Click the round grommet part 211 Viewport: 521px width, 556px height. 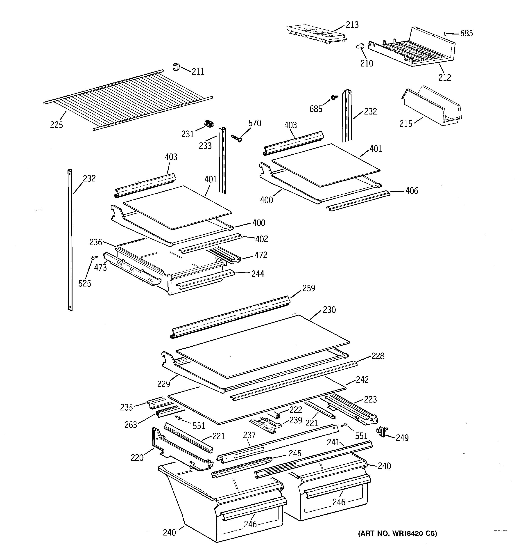(176, 67)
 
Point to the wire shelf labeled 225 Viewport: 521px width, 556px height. (126, 99)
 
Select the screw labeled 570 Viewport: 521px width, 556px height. (236, 138)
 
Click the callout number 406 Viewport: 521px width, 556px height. (412, 191)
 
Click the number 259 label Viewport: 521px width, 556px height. (309, 288)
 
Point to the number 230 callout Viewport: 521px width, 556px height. (329, 310)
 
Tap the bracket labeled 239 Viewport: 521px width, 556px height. (265, 425)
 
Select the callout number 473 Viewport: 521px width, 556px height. (100, 268)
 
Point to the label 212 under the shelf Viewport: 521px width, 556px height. (444, 78)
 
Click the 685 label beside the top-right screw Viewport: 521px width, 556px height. (467, 34)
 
